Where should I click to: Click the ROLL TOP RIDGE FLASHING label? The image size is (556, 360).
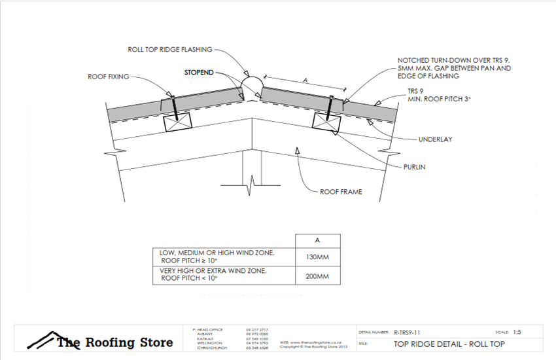(170, 49)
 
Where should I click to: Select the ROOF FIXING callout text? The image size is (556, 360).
(109, 77)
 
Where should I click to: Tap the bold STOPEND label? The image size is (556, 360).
(198, 73)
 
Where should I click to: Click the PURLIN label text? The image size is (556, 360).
(413, 167)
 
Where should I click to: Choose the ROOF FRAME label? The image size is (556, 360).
(341, 192)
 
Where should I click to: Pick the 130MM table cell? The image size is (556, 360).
(317, 257)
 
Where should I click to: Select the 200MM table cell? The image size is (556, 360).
(317, 276)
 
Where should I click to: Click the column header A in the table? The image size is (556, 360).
(317, 240)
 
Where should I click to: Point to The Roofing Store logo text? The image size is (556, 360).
(114, 342)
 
